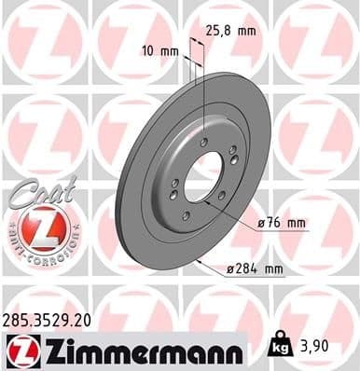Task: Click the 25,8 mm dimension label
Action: (230, 31)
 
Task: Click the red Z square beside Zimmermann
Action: (19, 350)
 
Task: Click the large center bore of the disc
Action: (203, 176)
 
